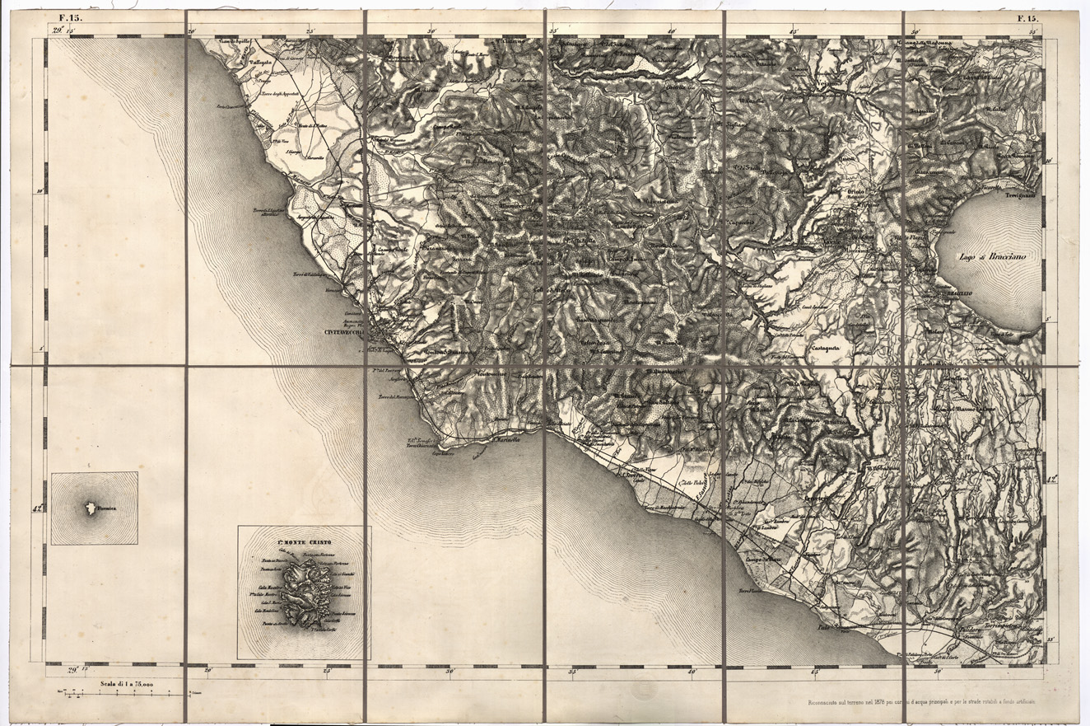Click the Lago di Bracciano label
tap(990, 257)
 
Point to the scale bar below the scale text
tap(115, 695)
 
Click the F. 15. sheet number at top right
tap(1027, 17)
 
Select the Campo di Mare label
tap(762, 560)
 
